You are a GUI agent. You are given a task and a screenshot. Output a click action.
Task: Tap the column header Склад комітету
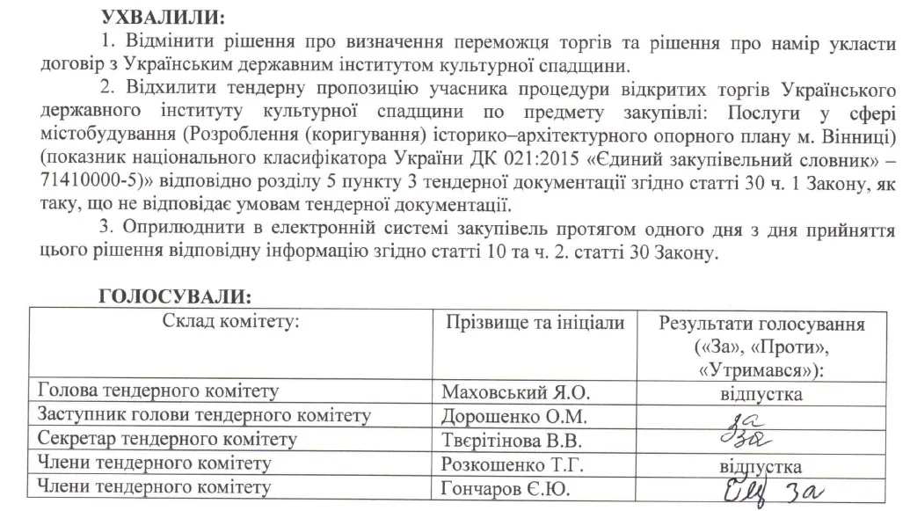point(232,322)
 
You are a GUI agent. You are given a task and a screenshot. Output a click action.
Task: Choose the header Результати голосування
point(761,324)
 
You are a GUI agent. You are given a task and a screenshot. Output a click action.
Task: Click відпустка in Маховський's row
point(761,394)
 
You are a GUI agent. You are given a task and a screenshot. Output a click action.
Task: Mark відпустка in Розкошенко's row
point(761,464)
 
